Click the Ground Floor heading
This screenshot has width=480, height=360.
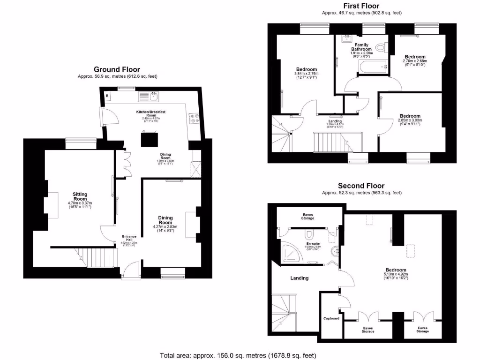(x=117, y=69)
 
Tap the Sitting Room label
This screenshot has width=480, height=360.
(x=80, y=196)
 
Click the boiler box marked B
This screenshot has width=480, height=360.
(x=107, y=97)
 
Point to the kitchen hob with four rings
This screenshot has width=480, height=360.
(x=193, y=119)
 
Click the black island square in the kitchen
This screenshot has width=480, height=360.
(x=150, y=140)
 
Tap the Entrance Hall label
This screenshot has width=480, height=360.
(x=129, y=238)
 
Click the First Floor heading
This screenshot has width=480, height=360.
(x=361, y=6)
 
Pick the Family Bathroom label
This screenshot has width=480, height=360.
(x=361, y=47)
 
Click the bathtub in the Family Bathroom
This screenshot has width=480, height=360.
(x=372, y=68)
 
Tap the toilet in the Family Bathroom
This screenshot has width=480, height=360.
(x=381, y=48)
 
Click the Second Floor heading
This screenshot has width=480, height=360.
(x=361, y=186)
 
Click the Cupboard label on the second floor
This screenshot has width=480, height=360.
(x=331, y=319)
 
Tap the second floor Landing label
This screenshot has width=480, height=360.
(x=300, y=278)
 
